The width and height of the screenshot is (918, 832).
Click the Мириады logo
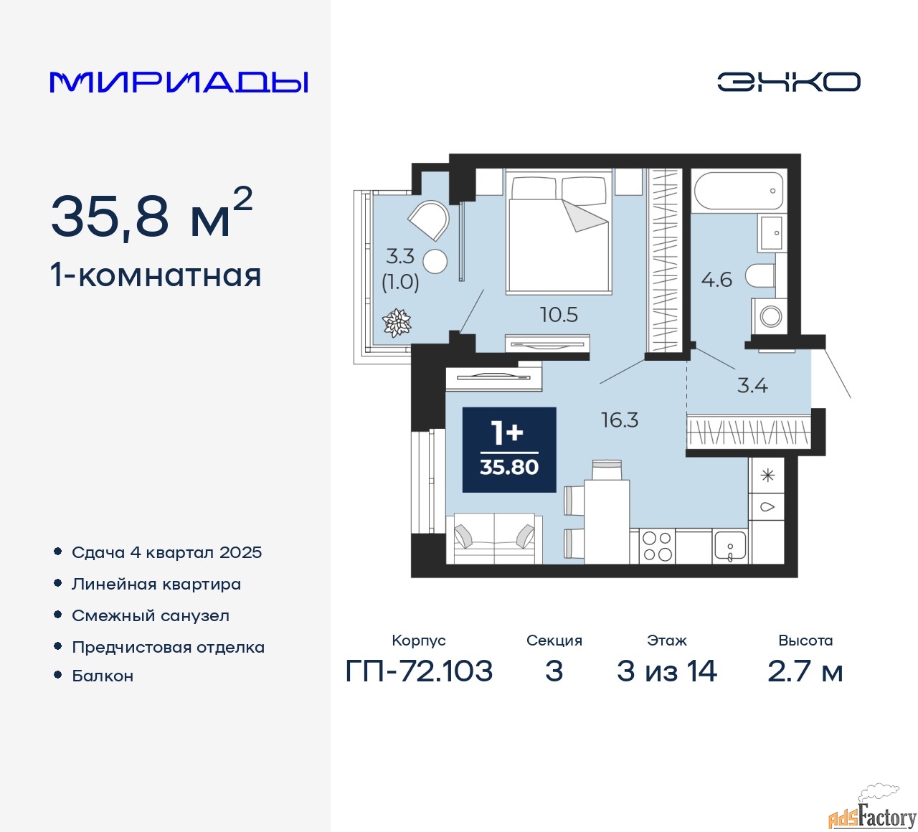(x=179, y=82)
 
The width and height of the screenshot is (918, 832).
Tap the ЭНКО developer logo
(x=788, y=82)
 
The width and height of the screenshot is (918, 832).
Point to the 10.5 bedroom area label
(x=559, y=315)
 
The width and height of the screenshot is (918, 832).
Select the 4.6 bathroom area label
(x=716, y=279)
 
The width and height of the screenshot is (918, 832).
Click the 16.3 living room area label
(x=620, y=420)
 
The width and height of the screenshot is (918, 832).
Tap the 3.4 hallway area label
(x=752, y=386)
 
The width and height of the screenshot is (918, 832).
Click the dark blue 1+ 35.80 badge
(x=509, y=450)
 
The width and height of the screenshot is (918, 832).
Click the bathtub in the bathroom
(x=739, y=191)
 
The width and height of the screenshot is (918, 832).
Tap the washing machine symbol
(x=770, y=316)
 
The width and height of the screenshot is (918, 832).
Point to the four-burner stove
(x=657, y=547)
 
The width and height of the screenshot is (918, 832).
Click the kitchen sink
(x=730, y=547)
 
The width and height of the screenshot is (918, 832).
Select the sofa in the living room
(x=494, y=539)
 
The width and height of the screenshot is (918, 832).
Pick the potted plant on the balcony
(x=397, y=323)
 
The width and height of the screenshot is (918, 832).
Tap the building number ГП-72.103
(x=419, y=671)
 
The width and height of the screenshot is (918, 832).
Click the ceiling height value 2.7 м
(x=805, y=671)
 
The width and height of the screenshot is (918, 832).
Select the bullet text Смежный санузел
(x=151, y=615)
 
